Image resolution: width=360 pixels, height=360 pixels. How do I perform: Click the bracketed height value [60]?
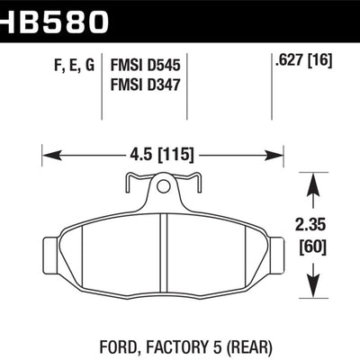(314, 246)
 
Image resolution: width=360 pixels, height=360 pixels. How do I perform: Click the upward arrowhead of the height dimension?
(313, 183)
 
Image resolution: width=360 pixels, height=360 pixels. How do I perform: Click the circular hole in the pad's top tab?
(163, 188)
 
